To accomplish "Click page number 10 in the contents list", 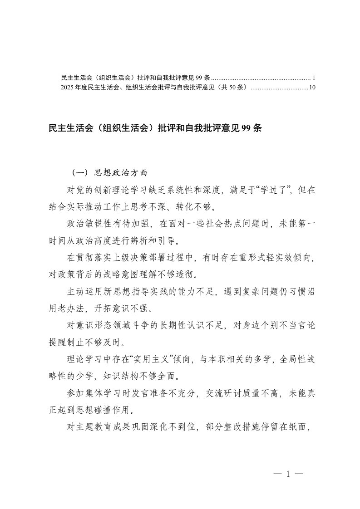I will click(312, 87).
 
